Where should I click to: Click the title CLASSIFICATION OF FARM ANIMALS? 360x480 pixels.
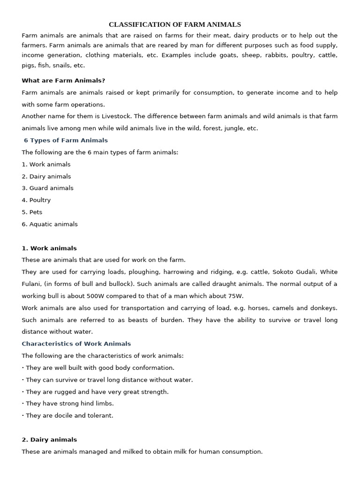[x=175, y=24]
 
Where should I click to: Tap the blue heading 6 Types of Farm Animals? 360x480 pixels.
[x=66, y=140]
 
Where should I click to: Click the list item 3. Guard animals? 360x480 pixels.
[x=47, y=188]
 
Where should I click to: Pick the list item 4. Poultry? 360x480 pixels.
[x=36, y=200]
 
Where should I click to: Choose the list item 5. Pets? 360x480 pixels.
[x=32, y=212]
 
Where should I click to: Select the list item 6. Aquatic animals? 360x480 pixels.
[x=50, y=224]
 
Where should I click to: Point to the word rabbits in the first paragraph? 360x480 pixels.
[x=265, y=55]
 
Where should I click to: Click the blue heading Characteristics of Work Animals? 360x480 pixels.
[x=76, y=344]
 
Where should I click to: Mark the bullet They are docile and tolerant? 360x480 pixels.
[x=69, y=415]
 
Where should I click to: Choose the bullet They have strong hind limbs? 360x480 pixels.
[x=69, y=403]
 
